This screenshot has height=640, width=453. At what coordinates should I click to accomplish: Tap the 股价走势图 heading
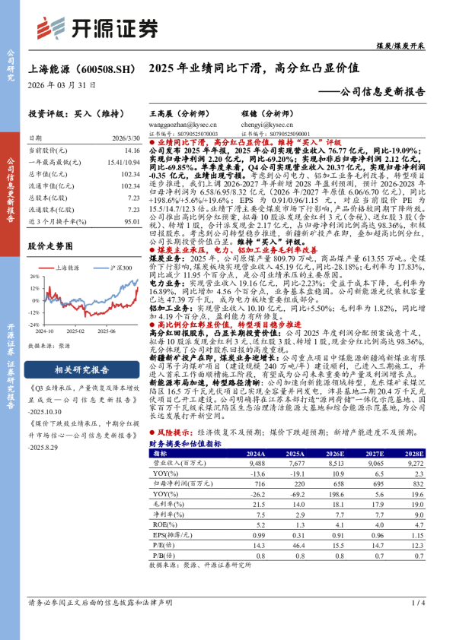click(x=51, y=247)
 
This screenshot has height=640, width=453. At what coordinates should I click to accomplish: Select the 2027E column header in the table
click(x=374, y=452)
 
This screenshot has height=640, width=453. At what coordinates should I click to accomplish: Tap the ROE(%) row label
click(x=161, y=524)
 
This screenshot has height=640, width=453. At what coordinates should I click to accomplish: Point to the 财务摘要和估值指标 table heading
click(x=185, y=442)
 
